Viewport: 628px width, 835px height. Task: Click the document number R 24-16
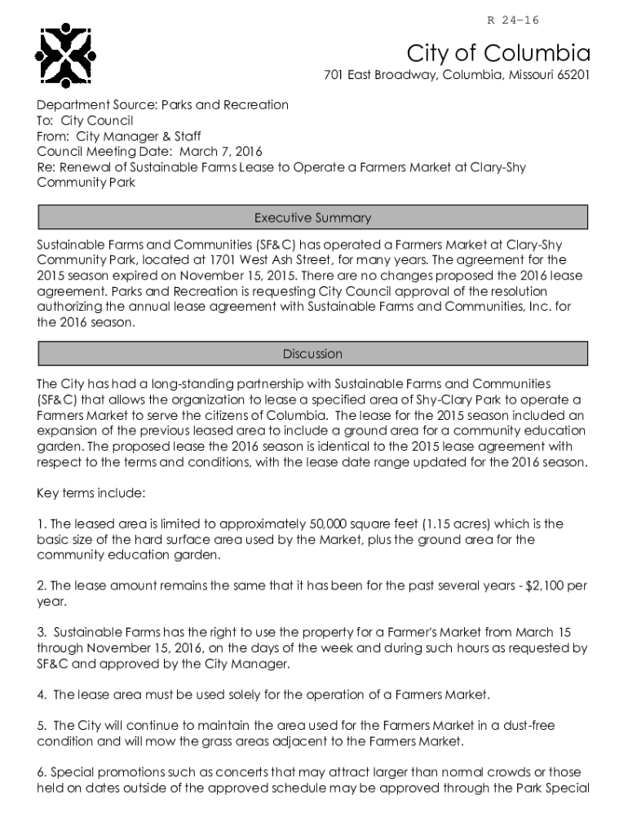tap(513, 20)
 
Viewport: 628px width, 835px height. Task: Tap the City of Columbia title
tap(498, 54)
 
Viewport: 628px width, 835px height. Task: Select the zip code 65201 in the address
tap(571, 76)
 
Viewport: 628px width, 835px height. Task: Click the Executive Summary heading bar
tap(312, 218)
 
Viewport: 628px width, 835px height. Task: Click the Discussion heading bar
tap(312, 354)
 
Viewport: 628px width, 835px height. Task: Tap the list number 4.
tap(41, 695)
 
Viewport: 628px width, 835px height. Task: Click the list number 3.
tap(41, 633)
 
